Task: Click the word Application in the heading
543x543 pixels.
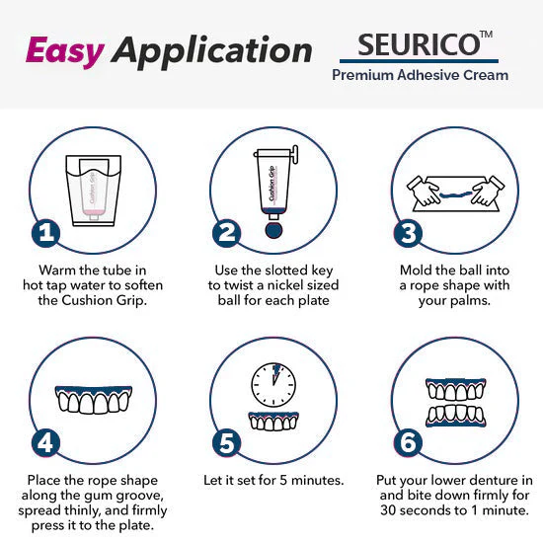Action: (x=211, y=51)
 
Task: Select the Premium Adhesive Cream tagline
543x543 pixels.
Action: (x=420, y=75)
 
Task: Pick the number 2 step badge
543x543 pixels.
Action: (x=227, y=234)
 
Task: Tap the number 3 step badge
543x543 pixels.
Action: (x=407, y=234)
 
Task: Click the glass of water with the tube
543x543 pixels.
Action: (x=92, y=187)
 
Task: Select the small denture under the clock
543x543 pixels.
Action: (x=271, y=420)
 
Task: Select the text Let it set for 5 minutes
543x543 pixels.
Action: (x=273, y=480)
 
